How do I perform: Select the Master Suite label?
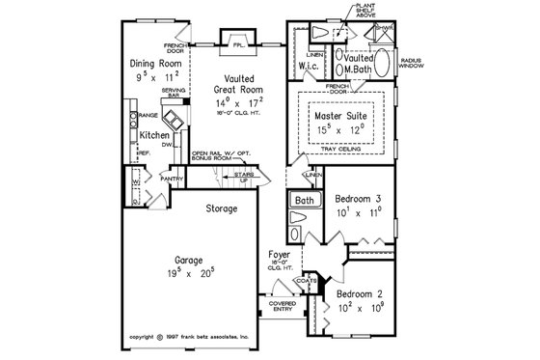click(344, 115)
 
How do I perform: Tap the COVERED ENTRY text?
click(283, 307)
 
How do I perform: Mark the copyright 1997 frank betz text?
click(190, 337)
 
